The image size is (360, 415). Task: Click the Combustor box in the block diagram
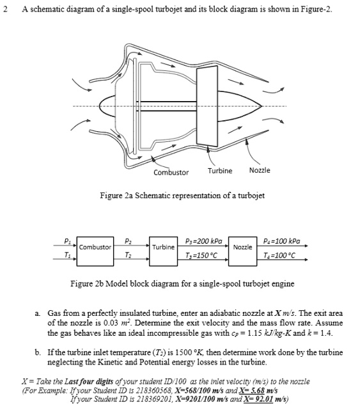point(95,246)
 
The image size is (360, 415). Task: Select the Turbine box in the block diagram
point(162,246)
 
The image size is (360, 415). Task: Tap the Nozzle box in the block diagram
point(242,246)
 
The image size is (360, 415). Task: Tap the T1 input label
point(67,253)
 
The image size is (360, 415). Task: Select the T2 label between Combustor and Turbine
point(130,253)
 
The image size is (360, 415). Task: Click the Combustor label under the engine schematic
point(171,173)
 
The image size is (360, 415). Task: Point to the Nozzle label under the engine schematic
point(259,171)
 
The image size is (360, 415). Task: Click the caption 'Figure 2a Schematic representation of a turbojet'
point(182,195)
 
